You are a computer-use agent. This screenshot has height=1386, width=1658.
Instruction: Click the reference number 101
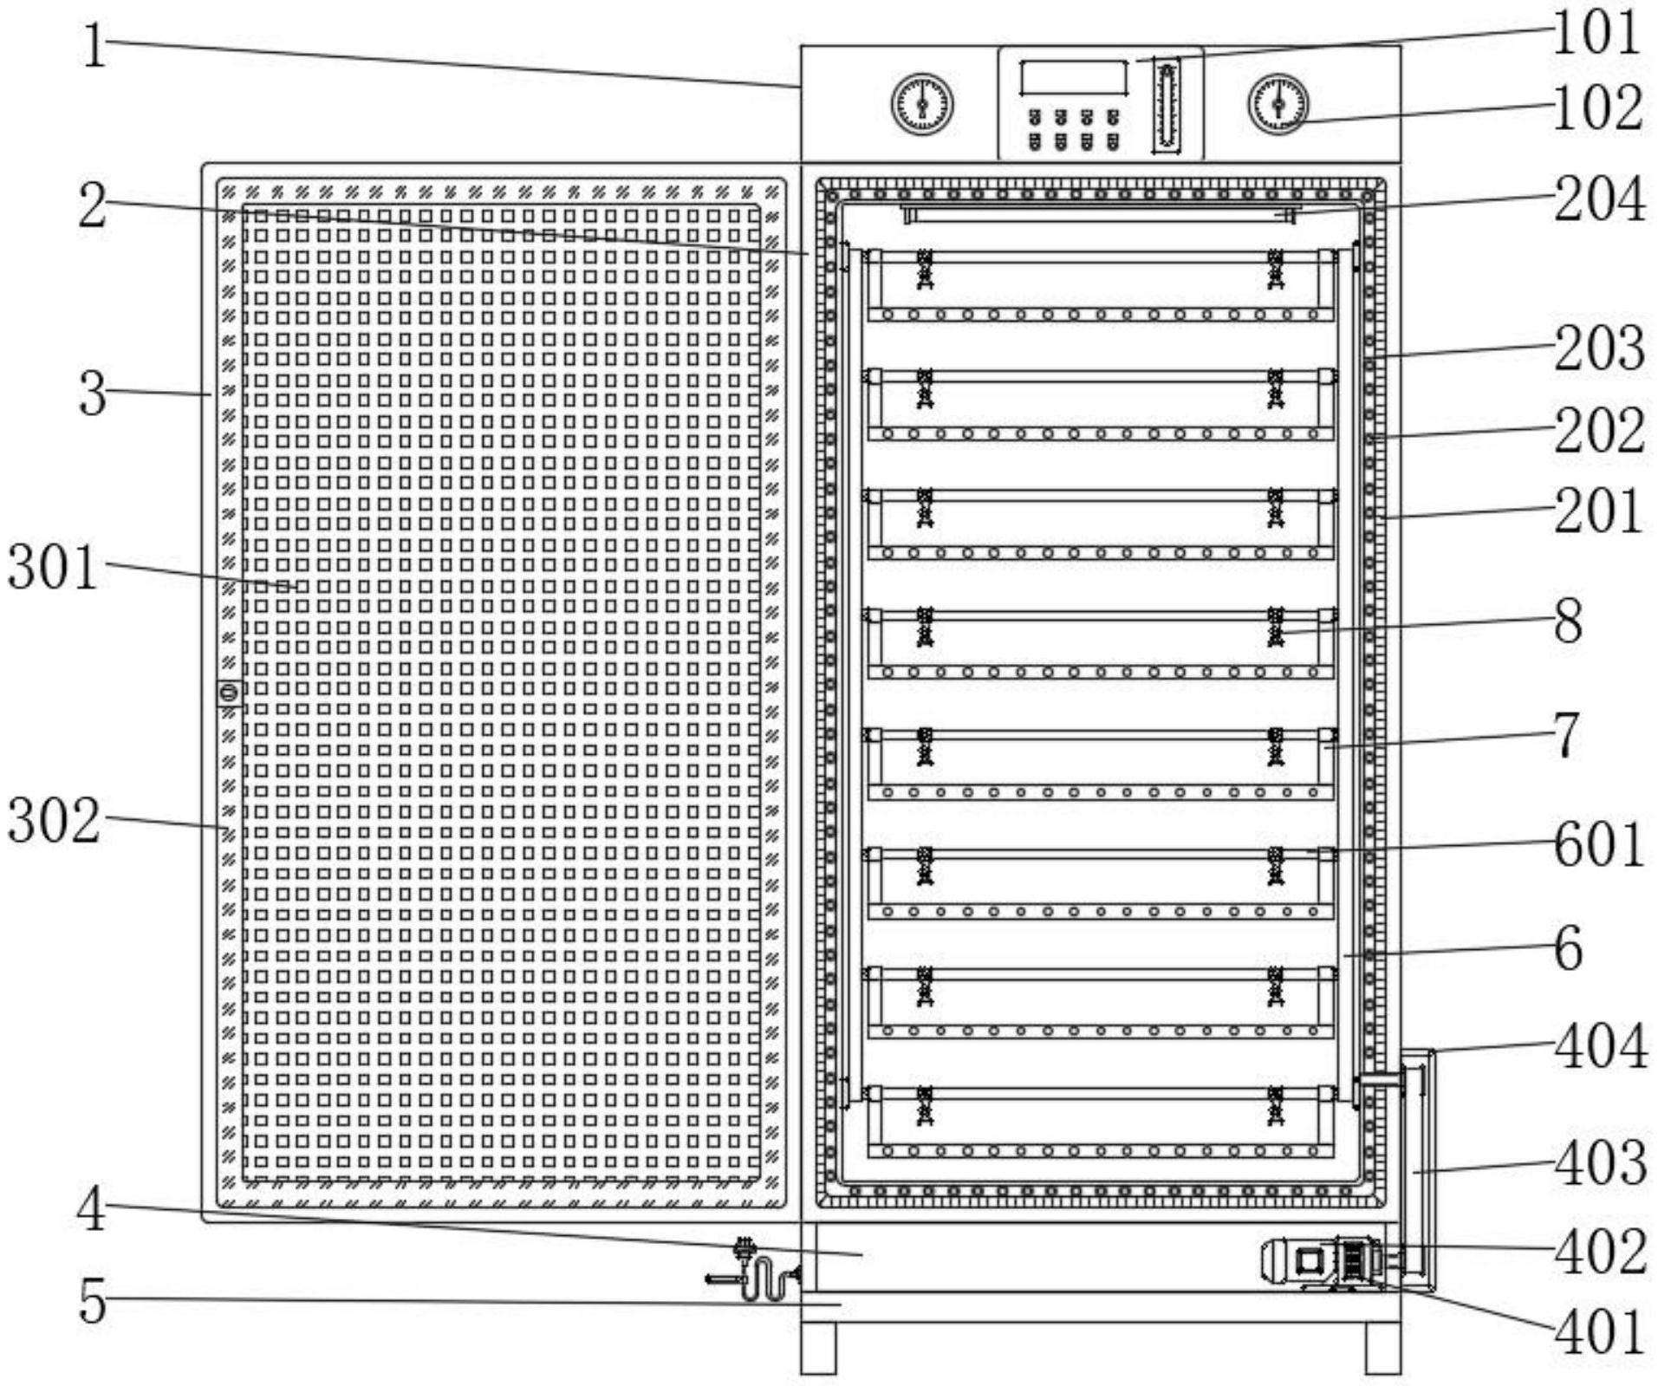(1596, 33)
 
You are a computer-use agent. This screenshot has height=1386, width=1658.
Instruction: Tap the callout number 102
(1597, 108)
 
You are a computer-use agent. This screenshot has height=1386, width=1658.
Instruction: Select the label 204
(1599, 199)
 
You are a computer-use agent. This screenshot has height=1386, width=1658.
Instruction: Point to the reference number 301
(52, 569)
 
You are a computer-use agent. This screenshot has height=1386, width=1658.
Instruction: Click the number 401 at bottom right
(1599, 1331)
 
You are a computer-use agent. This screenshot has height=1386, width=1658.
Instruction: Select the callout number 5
(92, 1301)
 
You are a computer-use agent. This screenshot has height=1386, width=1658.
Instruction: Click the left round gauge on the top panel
(922, 105)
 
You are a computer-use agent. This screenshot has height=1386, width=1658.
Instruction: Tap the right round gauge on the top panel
(1278, 105)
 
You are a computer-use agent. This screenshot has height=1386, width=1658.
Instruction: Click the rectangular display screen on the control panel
(1074, 78)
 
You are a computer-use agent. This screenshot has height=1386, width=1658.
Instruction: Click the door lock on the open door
(229, 692)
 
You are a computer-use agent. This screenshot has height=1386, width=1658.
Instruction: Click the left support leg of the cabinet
(818, 1348)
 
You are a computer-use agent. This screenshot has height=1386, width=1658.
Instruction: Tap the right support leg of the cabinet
(1382, 1348)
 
